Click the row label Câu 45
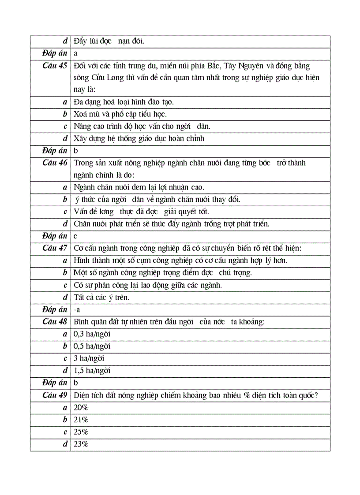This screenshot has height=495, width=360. pyautogui.click(x=55, y=66)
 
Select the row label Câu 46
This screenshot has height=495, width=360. pyautogui.click(x=55, y=163)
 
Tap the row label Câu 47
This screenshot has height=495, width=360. pyautogui.click(x=55, y=248)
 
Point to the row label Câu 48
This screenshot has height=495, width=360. pyautogui.click(x=55, y=321)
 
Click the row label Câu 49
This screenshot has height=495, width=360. pyautogui.click(x=55, y=395)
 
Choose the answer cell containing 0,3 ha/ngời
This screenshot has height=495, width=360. pyautogui.click(x=92, y=334)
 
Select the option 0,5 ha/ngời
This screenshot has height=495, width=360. pyautogui.click(x=92, y=346)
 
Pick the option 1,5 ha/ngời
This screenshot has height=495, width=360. pyautogui.click(x=92, y=371)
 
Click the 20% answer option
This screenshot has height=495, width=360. pyautogui.click(x=81, y=408)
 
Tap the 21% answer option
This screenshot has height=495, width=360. pyautogui.click(x=81, y=420)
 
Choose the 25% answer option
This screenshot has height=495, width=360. pyautogui.click(x=81, y=432)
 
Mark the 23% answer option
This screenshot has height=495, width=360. pyautogui.click(x=81, y=444)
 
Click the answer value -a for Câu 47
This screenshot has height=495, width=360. pyautogui.click(x=77, y=310)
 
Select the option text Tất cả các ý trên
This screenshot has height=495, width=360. pyautogui.click(x=101, y=298)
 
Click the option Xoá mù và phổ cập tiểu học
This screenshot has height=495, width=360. pyautogui.click(x=120, y=114)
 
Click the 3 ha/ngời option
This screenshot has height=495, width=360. pyautogui.click(x=89, y=358)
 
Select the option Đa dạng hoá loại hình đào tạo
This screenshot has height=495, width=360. pyautogui.click(x=124, y=102)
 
